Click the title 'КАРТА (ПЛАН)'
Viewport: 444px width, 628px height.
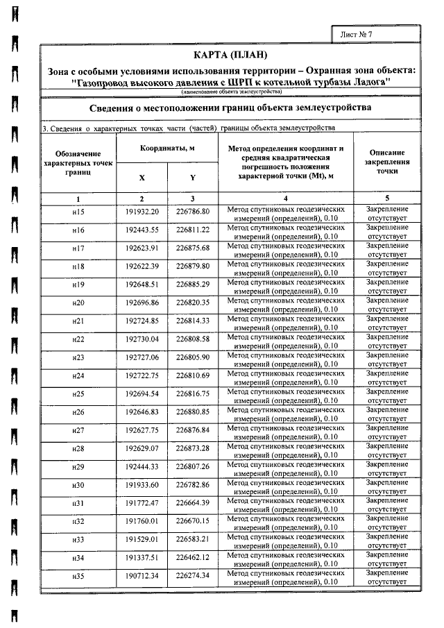tap(230, 56)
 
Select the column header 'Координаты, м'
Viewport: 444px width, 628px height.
tap(167, 149)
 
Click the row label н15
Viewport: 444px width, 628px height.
tap(78, 212)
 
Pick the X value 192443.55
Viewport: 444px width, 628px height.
tap(142, 230)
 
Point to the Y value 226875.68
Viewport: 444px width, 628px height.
tap(193, 248)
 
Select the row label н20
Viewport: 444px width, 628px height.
tap(78, 303)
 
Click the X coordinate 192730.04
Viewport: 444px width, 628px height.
tap(142, 339)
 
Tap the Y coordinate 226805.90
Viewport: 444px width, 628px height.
tap(193, 357)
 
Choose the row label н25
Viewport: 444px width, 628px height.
tap(78, 393)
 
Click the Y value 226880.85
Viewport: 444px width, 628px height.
tap(193, 411)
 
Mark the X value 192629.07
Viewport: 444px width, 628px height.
tap(142, 448)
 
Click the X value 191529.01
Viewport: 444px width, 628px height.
tap(142, 538)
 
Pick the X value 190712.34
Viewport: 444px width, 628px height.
tap(142, 575)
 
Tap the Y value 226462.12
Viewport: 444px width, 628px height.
tap(193, 557)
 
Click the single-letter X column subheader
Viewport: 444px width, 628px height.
tap(142, 178)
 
